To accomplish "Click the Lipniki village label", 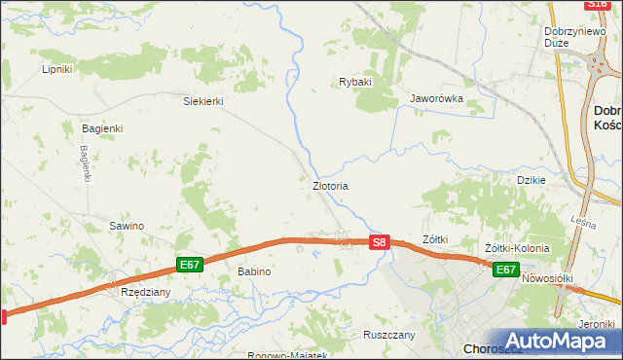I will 57,69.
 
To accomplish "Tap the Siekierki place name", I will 204,100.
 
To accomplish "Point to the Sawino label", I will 127,226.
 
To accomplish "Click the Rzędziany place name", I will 145,291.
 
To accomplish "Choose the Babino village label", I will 254,271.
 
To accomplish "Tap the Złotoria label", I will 330,185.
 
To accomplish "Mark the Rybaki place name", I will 355,82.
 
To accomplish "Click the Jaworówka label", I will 435,98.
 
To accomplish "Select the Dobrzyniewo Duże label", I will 569,36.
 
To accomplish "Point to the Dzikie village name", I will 531,180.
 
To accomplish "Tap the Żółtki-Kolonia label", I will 517,248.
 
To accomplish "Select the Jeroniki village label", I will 597,323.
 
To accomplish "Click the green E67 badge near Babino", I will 190,265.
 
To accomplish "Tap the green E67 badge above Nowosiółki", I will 504,270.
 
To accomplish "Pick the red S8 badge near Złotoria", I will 381,241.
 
